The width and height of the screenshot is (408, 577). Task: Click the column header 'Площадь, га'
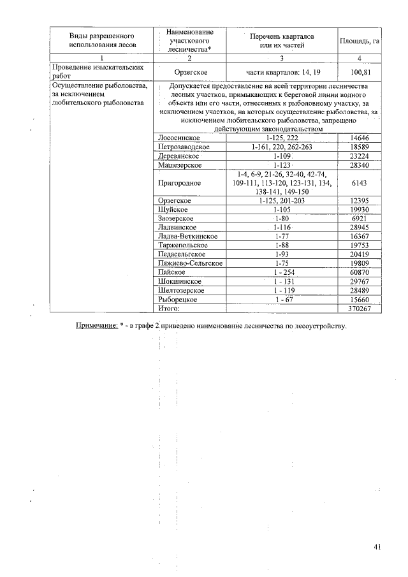[360, 41]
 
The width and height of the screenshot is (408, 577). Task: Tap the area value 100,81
[360, 73]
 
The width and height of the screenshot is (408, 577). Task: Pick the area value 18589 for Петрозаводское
[360, 147]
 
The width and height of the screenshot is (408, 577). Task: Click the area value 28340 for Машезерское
[360, 165]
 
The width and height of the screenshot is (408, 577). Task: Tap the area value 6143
[360, 183]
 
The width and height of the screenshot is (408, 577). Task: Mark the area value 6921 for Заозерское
[360, 219]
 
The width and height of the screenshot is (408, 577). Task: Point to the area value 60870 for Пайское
[360, 272]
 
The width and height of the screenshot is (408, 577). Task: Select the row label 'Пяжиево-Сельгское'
[189, 263]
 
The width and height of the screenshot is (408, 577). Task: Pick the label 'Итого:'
[169, 309]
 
